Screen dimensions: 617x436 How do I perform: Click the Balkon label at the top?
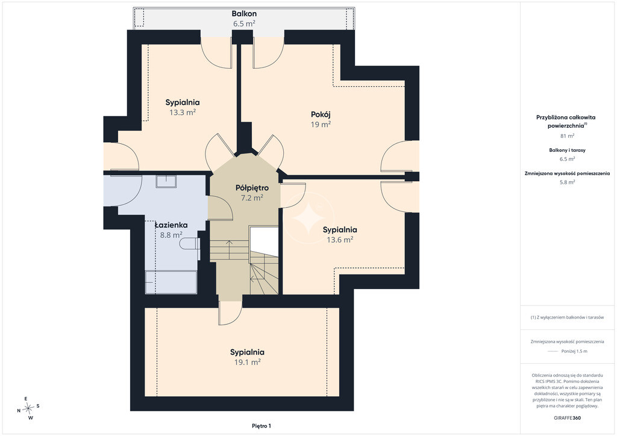tap(244, 13)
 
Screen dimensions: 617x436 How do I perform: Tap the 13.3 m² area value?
tap(183, 113)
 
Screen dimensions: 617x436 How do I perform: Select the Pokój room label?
tap(321, 114)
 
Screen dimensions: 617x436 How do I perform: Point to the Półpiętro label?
tap(252, 187)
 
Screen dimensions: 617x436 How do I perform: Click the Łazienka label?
tap(171, 225)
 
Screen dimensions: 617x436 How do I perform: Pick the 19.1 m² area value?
tap(248, 362)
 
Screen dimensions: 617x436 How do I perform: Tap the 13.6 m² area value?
tap(340, 240)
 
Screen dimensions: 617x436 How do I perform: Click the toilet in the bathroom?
tap(190, 244)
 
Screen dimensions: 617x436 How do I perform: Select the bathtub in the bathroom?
tap(171, 282)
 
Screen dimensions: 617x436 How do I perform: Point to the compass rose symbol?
tap(28, 409)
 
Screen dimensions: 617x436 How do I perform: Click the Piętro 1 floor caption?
tap(262, 426)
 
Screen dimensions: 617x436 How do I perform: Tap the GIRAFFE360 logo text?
tap(567, 418)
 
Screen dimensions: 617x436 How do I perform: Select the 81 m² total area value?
tap(568, 136)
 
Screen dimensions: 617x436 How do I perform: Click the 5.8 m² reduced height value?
tap(568, 182)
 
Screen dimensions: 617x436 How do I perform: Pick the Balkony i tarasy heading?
tap(568, 150)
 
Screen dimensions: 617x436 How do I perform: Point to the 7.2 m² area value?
tap(252, 198)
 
